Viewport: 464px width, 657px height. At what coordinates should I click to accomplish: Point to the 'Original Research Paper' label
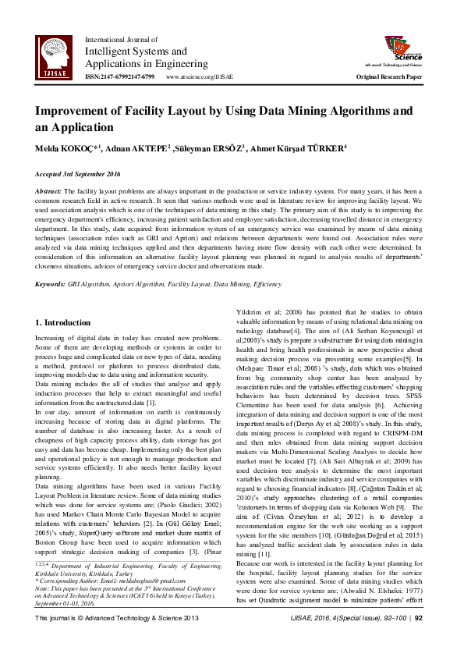pos(389,77)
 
